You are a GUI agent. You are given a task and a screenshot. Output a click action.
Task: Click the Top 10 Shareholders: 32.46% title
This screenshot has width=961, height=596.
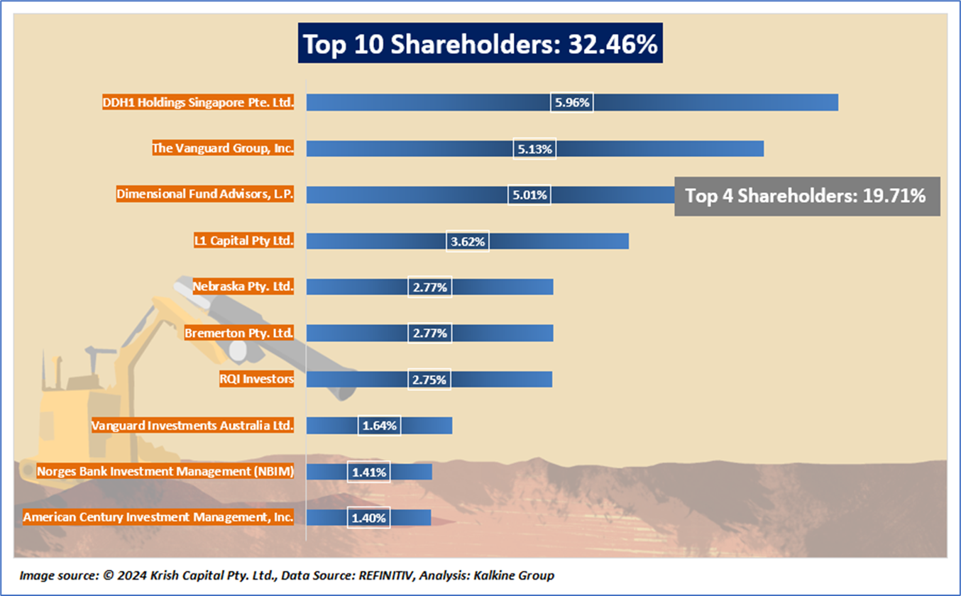click(x=480, y=44)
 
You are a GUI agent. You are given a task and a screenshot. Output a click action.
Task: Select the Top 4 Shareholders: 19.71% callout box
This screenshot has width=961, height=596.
click(x=807, y=196)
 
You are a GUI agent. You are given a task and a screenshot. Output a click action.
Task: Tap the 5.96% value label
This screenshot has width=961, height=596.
click(x=572, y=102)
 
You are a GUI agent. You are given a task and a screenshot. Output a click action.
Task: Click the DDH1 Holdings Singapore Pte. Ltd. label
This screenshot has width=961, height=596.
click(x=198, y=102)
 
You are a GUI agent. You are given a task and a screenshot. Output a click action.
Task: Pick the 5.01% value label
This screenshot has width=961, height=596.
click(x=529, y=194)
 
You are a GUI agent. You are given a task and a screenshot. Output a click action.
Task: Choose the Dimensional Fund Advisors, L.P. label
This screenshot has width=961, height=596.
click(x=205, y=194)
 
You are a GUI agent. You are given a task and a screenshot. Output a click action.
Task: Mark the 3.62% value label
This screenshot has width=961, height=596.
click(x=468, y=241)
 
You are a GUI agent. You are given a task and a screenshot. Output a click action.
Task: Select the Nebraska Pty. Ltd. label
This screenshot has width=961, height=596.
click(x=243, y=287)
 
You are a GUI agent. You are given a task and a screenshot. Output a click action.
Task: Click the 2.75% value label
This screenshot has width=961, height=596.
click(x=429, y=380)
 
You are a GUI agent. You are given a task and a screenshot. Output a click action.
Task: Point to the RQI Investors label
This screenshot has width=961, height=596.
click(x=256, y=379)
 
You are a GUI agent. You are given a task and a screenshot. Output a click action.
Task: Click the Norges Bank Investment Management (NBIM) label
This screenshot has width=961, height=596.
click(x=165, y=471)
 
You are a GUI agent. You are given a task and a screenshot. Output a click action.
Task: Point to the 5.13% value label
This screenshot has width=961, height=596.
click(x=534, y=148)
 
